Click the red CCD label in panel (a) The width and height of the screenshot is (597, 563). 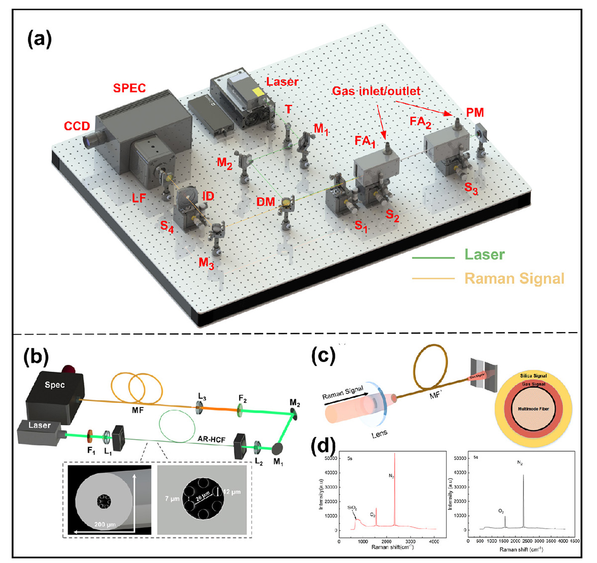(x=77, y=126)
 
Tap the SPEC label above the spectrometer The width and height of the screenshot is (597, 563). (x=129, y=89)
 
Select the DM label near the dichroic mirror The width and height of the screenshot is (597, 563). (x=266, y=202)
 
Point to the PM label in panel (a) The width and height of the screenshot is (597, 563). (x=475, y=113)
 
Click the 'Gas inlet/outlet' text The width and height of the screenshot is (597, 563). (x=376, y=91)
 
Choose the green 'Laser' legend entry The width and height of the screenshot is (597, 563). (x=484, y=255)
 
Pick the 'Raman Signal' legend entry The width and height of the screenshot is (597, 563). (x=514, y=278)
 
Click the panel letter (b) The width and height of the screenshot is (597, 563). (x=36, y=356)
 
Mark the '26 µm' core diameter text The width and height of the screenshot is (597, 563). (x=202, y=498)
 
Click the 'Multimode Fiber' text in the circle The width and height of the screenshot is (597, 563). (x=533, y=409)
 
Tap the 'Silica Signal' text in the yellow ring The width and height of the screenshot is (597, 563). (x=533, y=376)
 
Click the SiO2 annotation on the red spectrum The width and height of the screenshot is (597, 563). (x=352, y=508)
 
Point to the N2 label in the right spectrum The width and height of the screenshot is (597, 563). (x=520, y=463)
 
